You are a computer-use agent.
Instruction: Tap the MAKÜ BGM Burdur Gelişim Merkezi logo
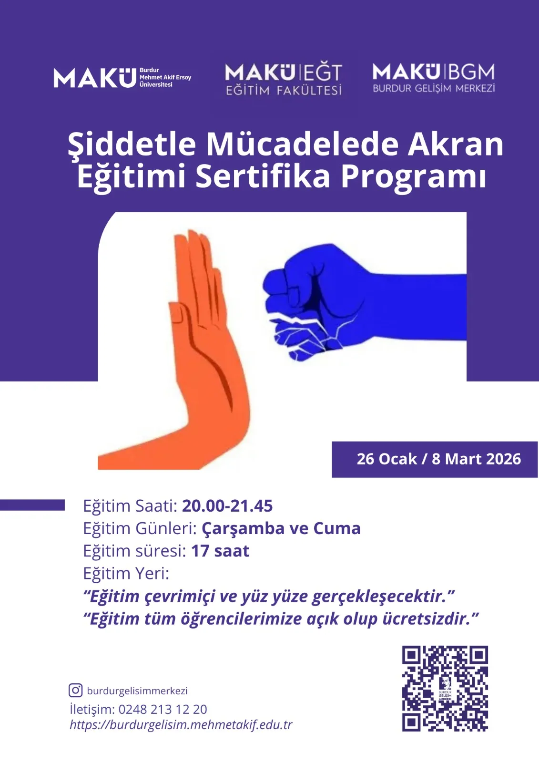pyautogui.click(x=434, y=78)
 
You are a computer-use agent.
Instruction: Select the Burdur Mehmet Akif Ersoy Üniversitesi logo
pyautogui.click(x=122, y=78)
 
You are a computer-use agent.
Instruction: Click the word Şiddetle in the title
pyautogui.click(x=132, y=144)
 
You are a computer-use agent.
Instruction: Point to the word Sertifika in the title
pyautogui.click(x=263, y=177)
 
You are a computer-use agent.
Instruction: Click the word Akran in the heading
pyautogui.click(x=456, y=144)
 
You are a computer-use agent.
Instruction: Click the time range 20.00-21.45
pyautogui.click(x=227, y=506)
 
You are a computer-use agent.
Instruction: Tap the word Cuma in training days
pyautogui.click(x=337, y=529)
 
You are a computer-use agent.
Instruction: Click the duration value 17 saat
pyautogui.click(x=220, y=551)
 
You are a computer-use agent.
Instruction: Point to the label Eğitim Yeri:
pyautogui.click(x=126, y=574)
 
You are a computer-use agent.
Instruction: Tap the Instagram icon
pyautogui.click(x=76, y=691)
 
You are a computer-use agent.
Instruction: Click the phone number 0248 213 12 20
pyautogui.click(x=163, y=709)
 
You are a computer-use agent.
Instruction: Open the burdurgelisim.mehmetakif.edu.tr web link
pyautogui.click(x=181, y=724)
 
